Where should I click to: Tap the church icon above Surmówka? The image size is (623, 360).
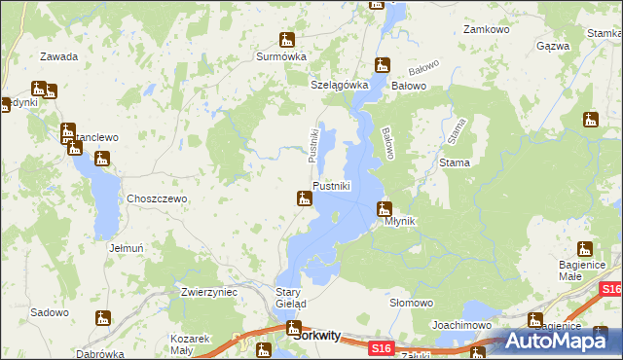point(286,40)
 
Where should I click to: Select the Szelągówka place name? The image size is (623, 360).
point(339,85)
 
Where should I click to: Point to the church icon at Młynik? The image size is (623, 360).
point(385,207)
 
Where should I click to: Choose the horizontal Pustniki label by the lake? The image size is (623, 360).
point(331,186)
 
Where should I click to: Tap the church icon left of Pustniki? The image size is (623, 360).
point(305,199)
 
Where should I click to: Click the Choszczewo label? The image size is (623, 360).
point(157,198)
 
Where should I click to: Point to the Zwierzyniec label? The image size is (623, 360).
point(209,292)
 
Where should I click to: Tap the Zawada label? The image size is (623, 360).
point(59,56)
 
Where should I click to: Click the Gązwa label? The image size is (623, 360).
point(553,46)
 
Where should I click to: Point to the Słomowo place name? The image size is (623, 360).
point(411,303)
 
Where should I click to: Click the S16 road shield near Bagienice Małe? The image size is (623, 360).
point(611,289)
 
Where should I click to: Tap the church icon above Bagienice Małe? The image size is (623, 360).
point(585,248)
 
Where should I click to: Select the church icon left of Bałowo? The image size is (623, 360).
point(383,66)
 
